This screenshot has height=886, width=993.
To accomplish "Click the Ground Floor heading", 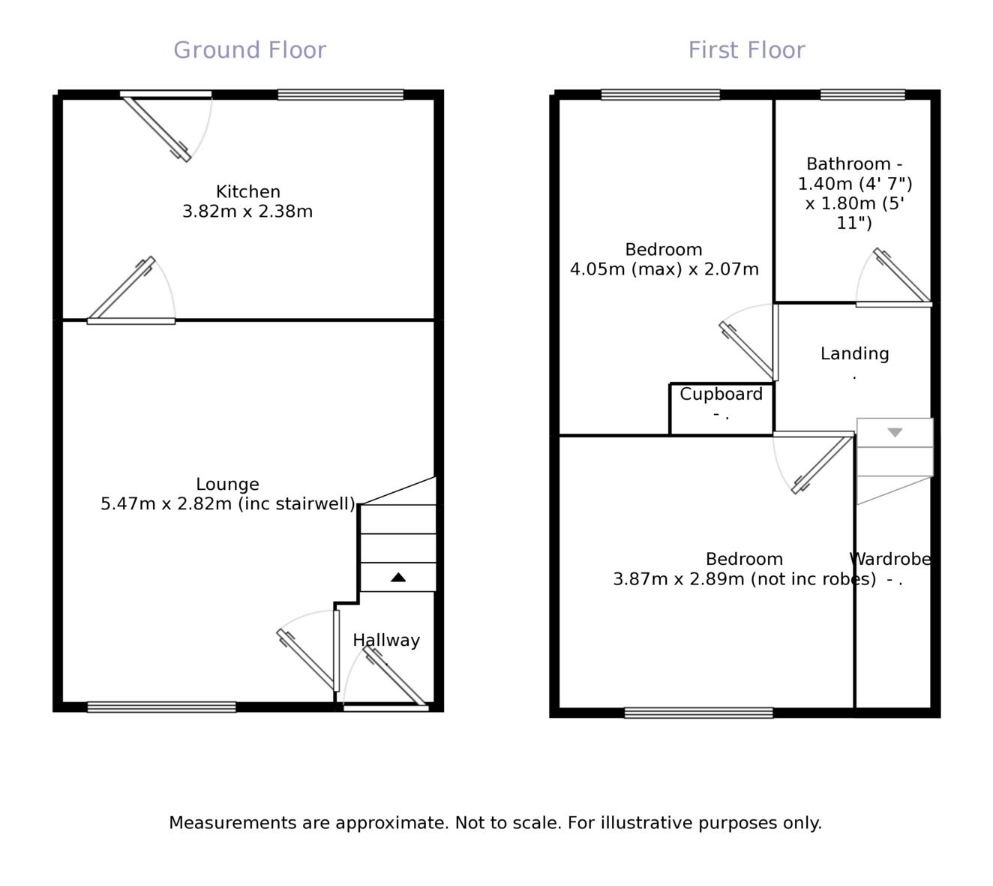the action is click(250, 50).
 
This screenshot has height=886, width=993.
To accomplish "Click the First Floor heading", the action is click(746, 50).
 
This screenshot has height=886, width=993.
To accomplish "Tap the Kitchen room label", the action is click(247, 192).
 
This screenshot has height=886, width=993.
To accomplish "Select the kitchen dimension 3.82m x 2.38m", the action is click(247, 212).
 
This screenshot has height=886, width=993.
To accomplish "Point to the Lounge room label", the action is click(227, 485).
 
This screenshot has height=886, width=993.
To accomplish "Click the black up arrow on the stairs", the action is click(398, 578).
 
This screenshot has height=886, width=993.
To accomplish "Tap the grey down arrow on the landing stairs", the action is click(895, 433).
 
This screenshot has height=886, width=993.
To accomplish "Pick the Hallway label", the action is click(386, 641).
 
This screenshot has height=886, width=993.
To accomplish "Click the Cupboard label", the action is click(721, 395).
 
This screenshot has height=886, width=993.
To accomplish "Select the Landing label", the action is click(854, 354).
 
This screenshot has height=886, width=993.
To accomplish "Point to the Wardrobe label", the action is click(890, 560).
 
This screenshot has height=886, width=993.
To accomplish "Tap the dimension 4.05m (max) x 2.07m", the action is click(664, 269).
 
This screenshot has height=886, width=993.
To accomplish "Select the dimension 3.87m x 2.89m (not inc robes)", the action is click(744, 579).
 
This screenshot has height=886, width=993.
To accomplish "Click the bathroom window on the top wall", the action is click(862, 95).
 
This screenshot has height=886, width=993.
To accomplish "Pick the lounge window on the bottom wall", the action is click(161, 707).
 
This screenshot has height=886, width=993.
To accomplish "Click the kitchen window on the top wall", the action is click(340, 95).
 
